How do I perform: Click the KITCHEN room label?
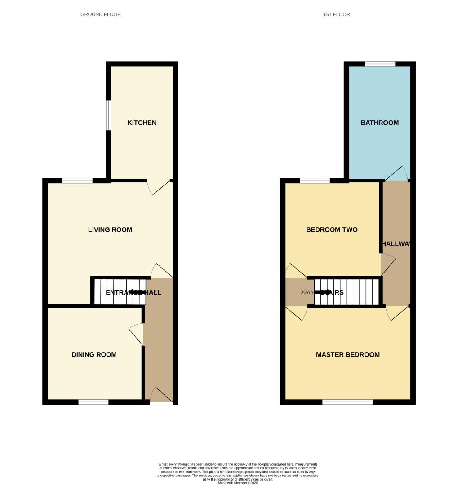pyautogui.click(x=142, y=123)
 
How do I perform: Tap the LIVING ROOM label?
pyautogui.click(x=110, y=229)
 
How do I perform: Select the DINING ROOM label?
pyautogui.click(x=94, y=354)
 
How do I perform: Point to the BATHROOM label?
pyautogui.click(x=379, y=123)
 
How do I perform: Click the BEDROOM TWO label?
pyautogui.click(x=331, y=229)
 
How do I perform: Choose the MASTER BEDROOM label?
pyautogui.click(x=347, y=354)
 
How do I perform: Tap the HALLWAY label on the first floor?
pyautogui.click(x=396, y=243)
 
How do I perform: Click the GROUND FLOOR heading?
pyautogui.click(x=100, y=14)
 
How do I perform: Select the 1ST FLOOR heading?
pyautogui.click(x=336, y=14)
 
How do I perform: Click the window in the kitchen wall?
pyautogui.click(x=108, y=115)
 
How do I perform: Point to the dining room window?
pyautogui.click(x=93, y=402)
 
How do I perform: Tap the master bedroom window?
pyautogui.click(x=347, y=402)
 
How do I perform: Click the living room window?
pyautogui.click(x=77, y=181)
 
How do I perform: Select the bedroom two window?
pyautogui.click(x=315, y=181)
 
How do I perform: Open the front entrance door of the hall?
pyautogui.click(x=161, y=395)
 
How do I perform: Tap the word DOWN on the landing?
pyautogui.click(x=307, y=292)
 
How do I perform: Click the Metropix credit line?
pyautogui.click(x=238, y=483)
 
